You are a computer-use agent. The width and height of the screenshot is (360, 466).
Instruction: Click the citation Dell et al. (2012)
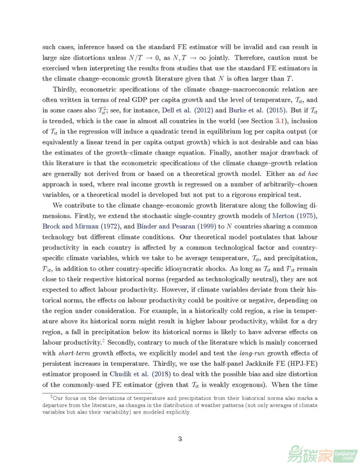point(187,110)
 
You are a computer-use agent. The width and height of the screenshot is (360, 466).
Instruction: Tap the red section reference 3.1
point(279,121)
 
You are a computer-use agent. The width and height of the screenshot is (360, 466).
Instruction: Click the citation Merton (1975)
point(294,216)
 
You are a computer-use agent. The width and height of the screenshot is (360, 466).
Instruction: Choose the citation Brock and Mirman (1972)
point(81,226)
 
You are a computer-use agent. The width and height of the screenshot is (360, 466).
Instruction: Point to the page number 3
point(180,439)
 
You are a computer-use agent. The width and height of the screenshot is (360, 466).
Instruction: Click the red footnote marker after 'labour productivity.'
point(103,340)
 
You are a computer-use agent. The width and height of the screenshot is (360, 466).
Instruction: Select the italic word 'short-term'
point(74,353)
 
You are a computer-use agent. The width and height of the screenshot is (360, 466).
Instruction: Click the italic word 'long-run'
point(252,353)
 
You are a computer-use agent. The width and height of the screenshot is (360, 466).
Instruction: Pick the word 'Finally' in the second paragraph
point(220,153)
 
